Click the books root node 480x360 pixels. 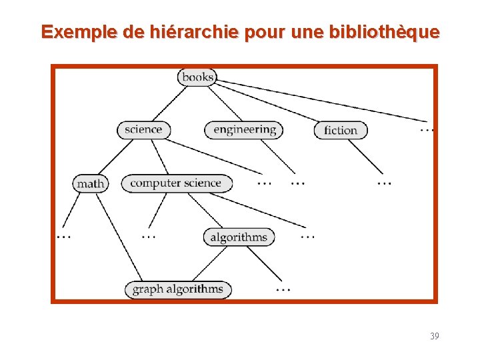pyautogui.click(x=197, y=77)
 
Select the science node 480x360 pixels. pyautogui.click(x=143, y=129)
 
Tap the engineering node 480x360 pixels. pyautogui.click(x=244, y=129)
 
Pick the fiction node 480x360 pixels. pyautogui.click(x=341, y=130)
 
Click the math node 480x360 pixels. pyautogui.click(x=91, y=183)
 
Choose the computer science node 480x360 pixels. pyautogui.click(x=176, y=183)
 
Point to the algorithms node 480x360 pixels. pyautogui.click(x=239, y=237)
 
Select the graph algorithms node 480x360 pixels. pyautogui.click(x=178, y=289)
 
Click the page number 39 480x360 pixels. pyautogui.click(x=435, y=336)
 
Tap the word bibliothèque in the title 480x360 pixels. pyautogui.click(x=384, y=31)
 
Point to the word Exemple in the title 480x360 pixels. pyautogui.click(x=70, y=31)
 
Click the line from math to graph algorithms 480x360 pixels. pyautogui.click(x=119, y=237)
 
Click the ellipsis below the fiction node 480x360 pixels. pyautogui.click(x=384, y=181)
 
